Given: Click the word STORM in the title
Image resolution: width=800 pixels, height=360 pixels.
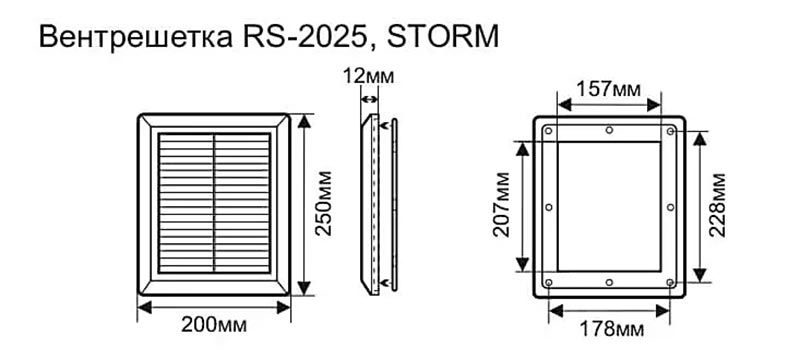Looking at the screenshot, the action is (443, 37).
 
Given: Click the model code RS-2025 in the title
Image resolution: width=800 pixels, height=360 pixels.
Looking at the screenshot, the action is (305, 37).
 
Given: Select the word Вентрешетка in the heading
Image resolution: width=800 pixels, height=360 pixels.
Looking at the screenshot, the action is (136, 38).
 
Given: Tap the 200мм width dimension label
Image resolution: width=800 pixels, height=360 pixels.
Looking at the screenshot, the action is (214, 325).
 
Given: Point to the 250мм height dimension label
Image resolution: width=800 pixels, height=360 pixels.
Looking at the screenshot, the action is (323, 203).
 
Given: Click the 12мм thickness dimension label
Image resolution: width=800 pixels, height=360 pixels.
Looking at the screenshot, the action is (368, 76).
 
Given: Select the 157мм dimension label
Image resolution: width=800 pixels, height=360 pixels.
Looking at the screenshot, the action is (608, 89).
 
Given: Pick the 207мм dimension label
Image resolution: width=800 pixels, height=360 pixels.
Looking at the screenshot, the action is (502, 204).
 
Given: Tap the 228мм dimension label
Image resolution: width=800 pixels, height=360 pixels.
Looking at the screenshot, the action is (717, 205).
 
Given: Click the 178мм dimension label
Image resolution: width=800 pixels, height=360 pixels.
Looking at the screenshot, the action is (611, 329).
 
